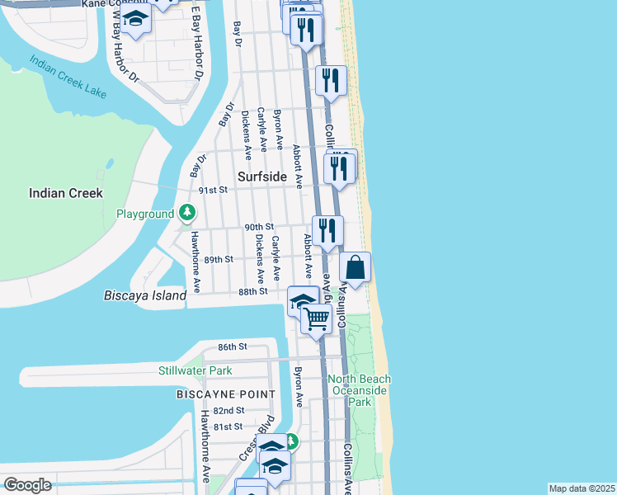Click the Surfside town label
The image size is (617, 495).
click(262, 177)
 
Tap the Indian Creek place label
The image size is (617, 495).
click(65, 193)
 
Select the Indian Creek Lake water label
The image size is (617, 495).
click(68, 78)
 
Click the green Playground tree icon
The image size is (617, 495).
click(188, 214)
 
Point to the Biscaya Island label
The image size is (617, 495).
click(139, 295)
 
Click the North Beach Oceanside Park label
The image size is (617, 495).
click(359, 390)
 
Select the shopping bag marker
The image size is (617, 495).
click(355, 268)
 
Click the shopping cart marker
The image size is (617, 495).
click(317, 318)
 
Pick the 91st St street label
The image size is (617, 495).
click(213, 189)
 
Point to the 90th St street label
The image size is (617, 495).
click(258, 227)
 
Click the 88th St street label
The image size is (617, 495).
click(252, 291)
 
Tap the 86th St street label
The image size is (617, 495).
click(233, 346)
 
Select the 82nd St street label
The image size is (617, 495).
click(228, 410)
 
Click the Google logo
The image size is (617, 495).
click(27, 485)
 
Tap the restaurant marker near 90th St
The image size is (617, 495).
click(327, 230)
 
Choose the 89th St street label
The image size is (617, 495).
click(219, 259)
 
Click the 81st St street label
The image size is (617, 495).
click(228, 427)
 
